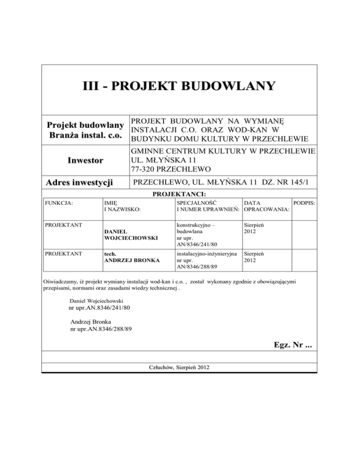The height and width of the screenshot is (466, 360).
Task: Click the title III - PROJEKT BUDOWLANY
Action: click(178, 86)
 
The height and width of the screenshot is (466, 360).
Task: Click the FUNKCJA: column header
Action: click(57, 203)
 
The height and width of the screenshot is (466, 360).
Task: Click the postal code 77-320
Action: click(144, 169)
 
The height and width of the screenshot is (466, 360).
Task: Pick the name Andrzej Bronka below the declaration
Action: click(92, 322)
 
